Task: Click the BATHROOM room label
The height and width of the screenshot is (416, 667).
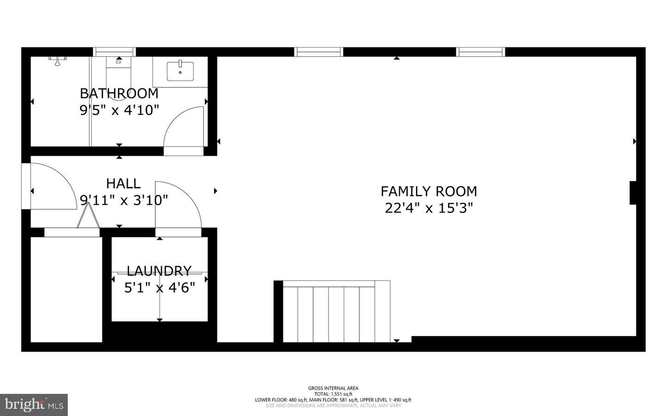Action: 119,93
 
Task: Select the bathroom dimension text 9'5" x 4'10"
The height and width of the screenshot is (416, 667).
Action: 119,110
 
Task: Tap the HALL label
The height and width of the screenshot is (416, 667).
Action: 123,184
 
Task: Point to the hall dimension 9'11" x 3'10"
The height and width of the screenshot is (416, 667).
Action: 124,200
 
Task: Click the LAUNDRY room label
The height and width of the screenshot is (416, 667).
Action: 159,271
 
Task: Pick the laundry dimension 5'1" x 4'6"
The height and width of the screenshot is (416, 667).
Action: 159,288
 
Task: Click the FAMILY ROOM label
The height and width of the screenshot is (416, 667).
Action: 428,191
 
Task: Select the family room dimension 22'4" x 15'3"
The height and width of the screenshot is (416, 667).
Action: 428,208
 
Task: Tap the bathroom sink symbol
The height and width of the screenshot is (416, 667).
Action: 180,70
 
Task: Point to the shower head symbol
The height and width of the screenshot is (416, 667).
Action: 57,60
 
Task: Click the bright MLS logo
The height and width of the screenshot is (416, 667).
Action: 34,405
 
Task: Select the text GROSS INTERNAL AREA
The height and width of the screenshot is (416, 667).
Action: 333,388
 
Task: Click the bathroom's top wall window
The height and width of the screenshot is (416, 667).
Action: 114,51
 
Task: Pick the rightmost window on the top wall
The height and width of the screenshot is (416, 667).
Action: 481,51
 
